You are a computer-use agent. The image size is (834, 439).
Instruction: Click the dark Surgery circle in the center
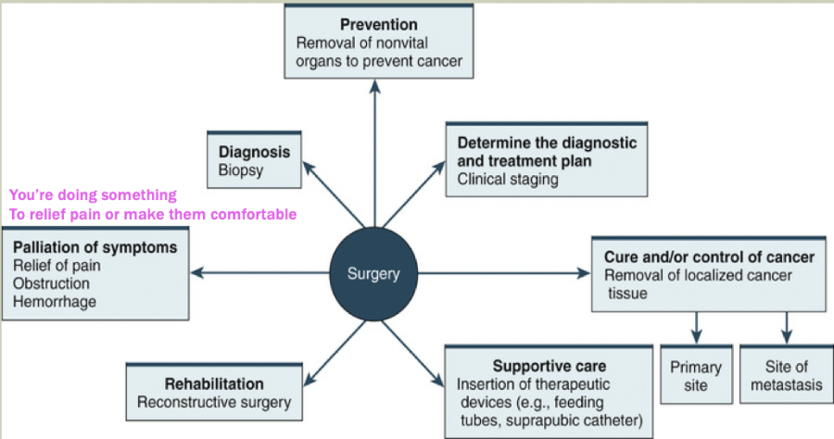coord(374,273)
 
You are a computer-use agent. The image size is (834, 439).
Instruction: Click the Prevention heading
coord(378,24)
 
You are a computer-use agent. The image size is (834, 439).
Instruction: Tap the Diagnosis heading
coord(254,151)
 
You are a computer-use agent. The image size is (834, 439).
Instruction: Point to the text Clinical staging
coord(508,179)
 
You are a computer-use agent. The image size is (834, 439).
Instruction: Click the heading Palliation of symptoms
coord(95,248)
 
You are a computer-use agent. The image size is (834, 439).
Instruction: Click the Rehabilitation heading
coord(214,383)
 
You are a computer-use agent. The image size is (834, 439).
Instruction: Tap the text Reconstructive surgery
coord(214,402)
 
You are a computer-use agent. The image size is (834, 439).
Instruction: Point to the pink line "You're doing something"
coord(92,195)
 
